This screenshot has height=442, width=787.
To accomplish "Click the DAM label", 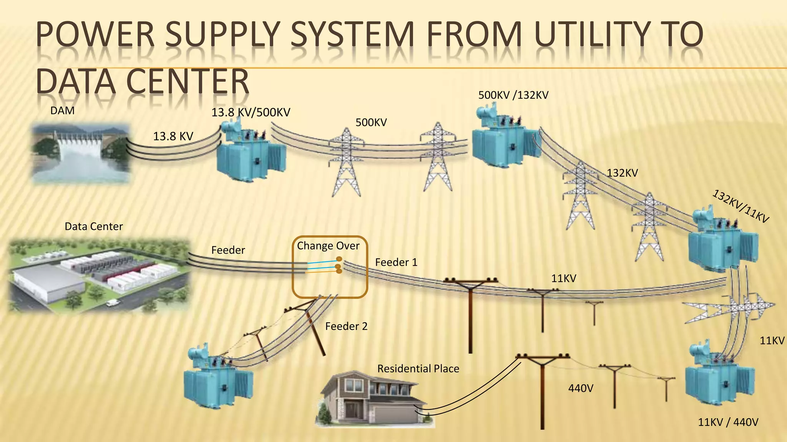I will [x=62, y=111].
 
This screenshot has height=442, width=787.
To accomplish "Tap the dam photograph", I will [x=80, y=152].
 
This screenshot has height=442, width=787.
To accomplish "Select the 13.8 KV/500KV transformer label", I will [x=251, y=112].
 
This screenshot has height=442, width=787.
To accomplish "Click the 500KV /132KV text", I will [x=513, y=95].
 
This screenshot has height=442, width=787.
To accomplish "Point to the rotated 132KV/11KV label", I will [x=741, y=206].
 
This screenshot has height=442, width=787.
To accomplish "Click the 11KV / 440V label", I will [x=728, y=422].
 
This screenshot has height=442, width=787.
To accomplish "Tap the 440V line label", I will [x=580, y=389].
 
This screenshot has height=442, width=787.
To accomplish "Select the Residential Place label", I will [x=418, y=369].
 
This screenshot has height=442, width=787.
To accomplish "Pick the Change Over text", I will [x=328, y=246].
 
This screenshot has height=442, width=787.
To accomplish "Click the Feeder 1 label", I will [x=396, y=262].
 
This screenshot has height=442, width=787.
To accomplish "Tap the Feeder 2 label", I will [x=346, y=327].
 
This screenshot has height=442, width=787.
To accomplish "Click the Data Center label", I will [x=94, y=226].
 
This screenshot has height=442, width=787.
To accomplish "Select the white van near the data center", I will [x=112, y=303].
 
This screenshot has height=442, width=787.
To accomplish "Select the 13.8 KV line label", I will [x=173, y=136].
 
